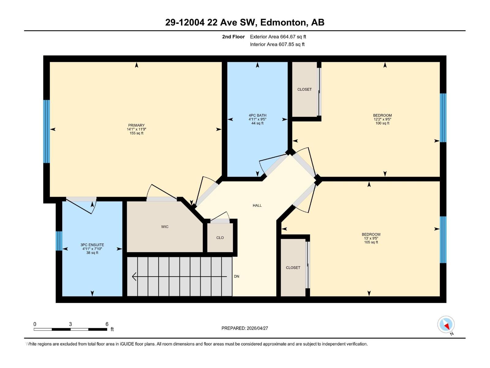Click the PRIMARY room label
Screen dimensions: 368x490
point(136,125)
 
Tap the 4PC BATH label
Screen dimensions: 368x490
point(257,115)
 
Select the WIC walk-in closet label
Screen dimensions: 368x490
point(165,227)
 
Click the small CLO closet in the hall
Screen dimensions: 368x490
point(220,238)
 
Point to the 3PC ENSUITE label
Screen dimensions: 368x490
point(92,245)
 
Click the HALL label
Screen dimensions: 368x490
point(257,205)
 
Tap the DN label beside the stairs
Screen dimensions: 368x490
point(236,276)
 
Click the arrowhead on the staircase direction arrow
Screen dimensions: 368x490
point(134,277)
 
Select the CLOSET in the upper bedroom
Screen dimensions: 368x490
point(304,89)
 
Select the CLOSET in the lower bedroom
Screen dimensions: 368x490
point(293,267)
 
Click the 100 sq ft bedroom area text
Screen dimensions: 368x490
point(382,123)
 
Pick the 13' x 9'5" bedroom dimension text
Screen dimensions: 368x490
point(371,238)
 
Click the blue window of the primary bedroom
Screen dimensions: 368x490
point(46,131)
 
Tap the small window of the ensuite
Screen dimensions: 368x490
point(59,241)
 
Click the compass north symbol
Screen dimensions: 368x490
point(446,324)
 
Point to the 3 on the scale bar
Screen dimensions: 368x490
point(70,324)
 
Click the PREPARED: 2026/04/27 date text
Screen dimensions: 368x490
point(245,328)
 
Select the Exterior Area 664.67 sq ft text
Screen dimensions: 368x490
point(278,37)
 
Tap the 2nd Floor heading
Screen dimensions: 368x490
point(233,37)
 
